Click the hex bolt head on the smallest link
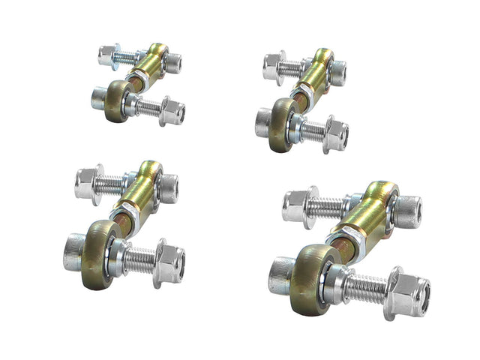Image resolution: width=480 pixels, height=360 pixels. [107, 55]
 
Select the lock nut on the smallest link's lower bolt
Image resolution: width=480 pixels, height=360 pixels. [172, 112]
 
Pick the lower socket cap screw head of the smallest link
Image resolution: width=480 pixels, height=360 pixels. [100, 97]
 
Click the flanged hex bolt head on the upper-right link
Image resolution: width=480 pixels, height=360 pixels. [274, 67]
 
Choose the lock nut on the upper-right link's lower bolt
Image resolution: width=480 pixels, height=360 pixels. [337, 134]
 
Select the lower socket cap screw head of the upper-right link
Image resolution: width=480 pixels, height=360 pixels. [263, 121]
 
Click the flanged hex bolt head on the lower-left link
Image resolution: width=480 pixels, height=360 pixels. [88, 182]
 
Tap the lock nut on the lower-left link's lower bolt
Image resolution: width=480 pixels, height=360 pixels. [172, 263]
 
